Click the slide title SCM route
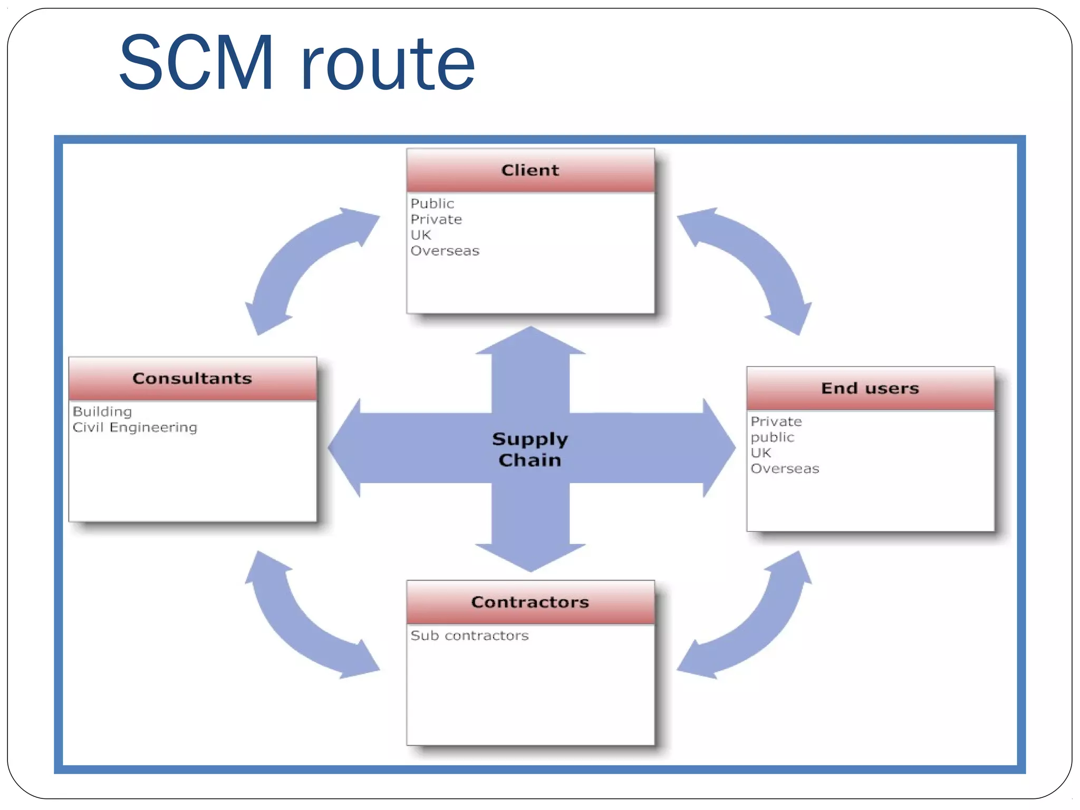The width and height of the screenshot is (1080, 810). pos(297,63)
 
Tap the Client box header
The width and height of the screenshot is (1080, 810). pos(530,170)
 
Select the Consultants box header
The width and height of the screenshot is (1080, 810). pos(192,379)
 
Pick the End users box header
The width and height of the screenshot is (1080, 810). pos(870,389)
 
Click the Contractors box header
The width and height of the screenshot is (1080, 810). pos(530,602)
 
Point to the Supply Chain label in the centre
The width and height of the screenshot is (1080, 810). pos(530,449)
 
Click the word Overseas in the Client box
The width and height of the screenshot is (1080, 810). pos(445,251)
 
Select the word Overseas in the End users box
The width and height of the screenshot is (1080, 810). pos(785,469)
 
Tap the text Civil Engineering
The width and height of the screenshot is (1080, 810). pos(135,428)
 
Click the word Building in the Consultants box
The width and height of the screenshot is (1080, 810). pos(102,412)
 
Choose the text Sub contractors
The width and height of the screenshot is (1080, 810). pos(469,636)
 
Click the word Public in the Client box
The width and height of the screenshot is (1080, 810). pos(432,204)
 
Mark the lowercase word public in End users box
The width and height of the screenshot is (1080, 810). pos(772,438)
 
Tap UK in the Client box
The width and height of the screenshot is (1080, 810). pos(421,235)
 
